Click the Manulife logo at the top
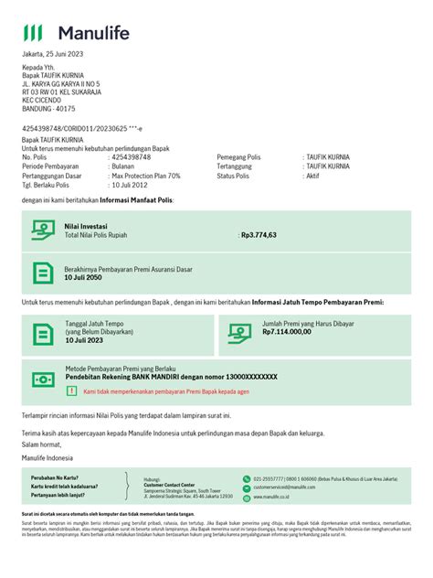click(76, 34)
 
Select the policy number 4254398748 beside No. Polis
click(130, 156)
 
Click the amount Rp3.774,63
click(258, 234)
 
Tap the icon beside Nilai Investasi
click(43, 230)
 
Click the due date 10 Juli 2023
click(83, 340)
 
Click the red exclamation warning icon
click(72, 391)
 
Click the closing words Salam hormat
click(44, 444)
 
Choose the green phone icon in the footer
click(246, 478)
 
